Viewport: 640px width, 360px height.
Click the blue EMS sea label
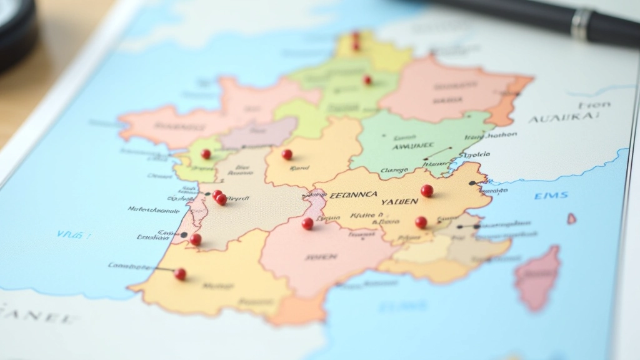[551, 196]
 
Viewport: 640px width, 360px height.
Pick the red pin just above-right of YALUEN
[427, 191]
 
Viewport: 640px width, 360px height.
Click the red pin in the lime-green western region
[206, 154]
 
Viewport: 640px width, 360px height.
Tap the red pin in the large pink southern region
[307, 223]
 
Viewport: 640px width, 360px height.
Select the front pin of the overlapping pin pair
[221, 199]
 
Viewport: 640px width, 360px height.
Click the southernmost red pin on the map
[180, 274]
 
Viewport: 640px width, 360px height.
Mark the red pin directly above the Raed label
[287, 154]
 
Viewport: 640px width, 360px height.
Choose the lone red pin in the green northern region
[367, 80]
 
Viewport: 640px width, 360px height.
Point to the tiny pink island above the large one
[571, 219]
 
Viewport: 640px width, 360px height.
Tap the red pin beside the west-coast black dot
[196, 239]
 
